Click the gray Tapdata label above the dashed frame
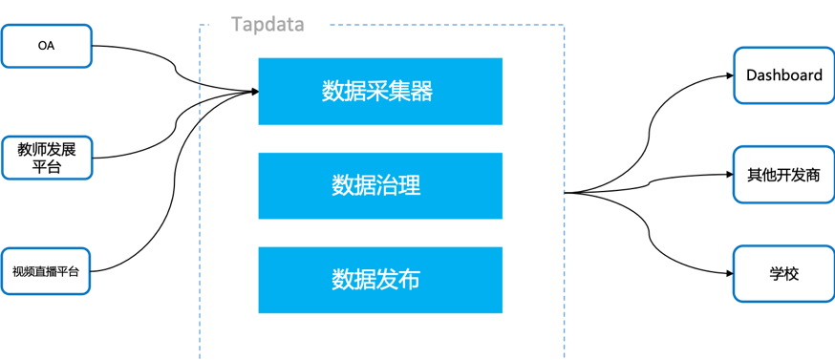tap(268, 25)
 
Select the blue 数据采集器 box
tap(380, 92)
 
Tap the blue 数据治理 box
tap(380, 184)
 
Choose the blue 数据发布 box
tap(380, 280)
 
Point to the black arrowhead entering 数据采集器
tap(254, 92)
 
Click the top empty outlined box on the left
tap(47, 46)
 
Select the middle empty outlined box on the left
tap(47, 158)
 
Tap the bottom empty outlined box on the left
tap(47, 270)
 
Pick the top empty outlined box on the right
tap(783, 75)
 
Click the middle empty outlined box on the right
tap(783, 174)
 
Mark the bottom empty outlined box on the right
tap(783, 273)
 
